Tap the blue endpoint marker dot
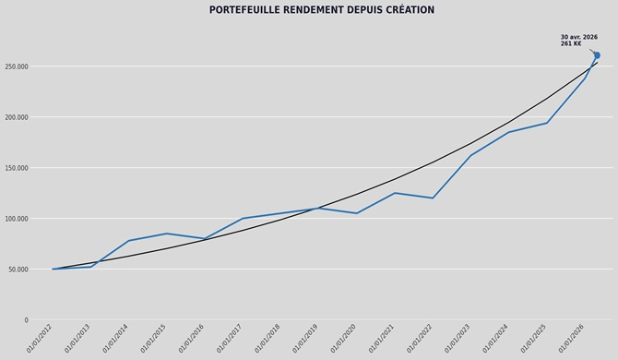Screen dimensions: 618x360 [597, 55]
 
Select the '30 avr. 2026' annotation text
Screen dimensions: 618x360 [579, 37]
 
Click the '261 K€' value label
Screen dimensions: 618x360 [571, 43]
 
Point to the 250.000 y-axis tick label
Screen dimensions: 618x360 [17, 66]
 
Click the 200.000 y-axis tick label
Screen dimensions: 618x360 [17, 117]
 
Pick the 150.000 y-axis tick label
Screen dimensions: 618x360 [17, 168]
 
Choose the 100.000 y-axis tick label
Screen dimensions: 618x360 [17, 219]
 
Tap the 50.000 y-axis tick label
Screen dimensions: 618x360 [18, 270]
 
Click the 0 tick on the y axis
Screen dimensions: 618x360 [27, 320]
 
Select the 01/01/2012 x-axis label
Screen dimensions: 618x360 [40, 339]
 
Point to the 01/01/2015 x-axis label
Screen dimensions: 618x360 [153, 339]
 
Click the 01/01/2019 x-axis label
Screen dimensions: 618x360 [305, 339]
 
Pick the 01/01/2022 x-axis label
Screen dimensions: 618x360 [420, 339]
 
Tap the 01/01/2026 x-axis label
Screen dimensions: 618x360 [572, 339]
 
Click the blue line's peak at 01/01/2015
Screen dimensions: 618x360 [167, 234]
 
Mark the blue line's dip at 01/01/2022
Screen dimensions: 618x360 [433, 198]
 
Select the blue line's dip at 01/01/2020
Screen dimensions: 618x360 [357, 213]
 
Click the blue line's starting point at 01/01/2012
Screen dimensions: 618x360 [53, 269]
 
